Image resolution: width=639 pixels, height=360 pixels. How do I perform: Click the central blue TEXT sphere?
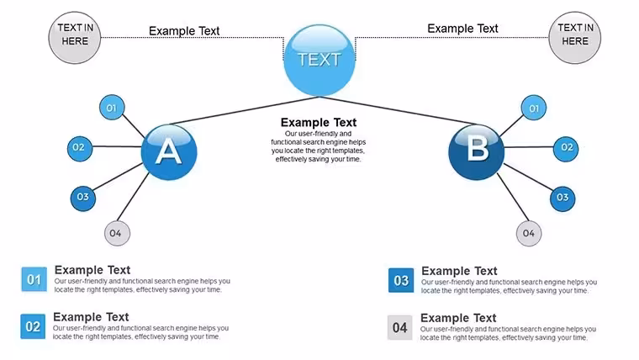point(319,61)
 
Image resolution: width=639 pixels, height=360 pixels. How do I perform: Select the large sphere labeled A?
point(169,152)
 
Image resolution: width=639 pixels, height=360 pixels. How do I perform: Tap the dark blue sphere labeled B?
point(477,152)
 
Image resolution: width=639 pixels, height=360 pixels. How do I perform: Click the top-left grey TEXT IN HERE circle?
point(75,38)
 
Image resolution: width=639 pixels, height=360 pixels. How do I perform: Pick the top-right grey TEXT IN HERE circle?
point(574,38)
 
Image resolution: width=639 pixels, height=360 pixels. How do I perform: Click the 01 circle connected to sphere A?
point(112,108)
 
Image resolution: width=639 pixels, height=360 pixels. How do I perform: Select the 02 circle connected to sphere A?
point(80,148)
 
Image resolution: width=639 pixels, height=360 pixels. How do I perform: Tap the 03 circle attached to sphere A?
point(83,199)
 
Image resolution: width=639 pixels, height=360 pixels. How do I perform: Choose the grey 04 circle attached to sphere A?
point(117,233)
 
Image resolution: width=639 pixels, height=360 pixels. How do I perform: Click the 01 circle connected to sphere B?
point(533,108)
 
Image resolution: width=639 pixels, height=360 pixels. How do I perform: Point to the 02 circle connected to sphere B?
point(566,149)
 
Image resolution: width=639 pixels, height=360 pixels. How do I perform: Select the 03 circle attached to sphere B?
point(562,199)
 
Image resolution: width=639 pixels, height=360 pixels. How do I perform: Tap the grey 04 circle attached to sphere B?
point(529,233)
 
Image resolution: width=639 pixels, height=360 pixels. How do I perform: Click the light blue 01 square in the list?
point(34,280)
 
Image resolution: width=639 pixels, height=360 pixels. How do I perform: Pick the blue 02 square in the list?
point(33,326)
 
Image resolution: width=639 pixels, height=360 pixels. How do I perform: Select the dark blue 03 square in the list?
point(401,280)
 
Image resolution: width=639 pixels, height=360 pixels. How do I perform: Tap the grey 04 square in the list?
point(399,327)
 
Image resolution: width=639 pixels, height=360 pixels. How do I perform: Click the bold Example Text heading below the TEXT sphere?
point(319,122)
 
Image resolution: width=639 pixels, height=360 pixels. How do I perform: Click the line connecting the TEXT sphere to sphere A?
point(244,110)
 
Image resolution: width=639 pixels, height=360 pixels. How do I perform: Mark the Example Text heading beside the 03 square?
point(459,271)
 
